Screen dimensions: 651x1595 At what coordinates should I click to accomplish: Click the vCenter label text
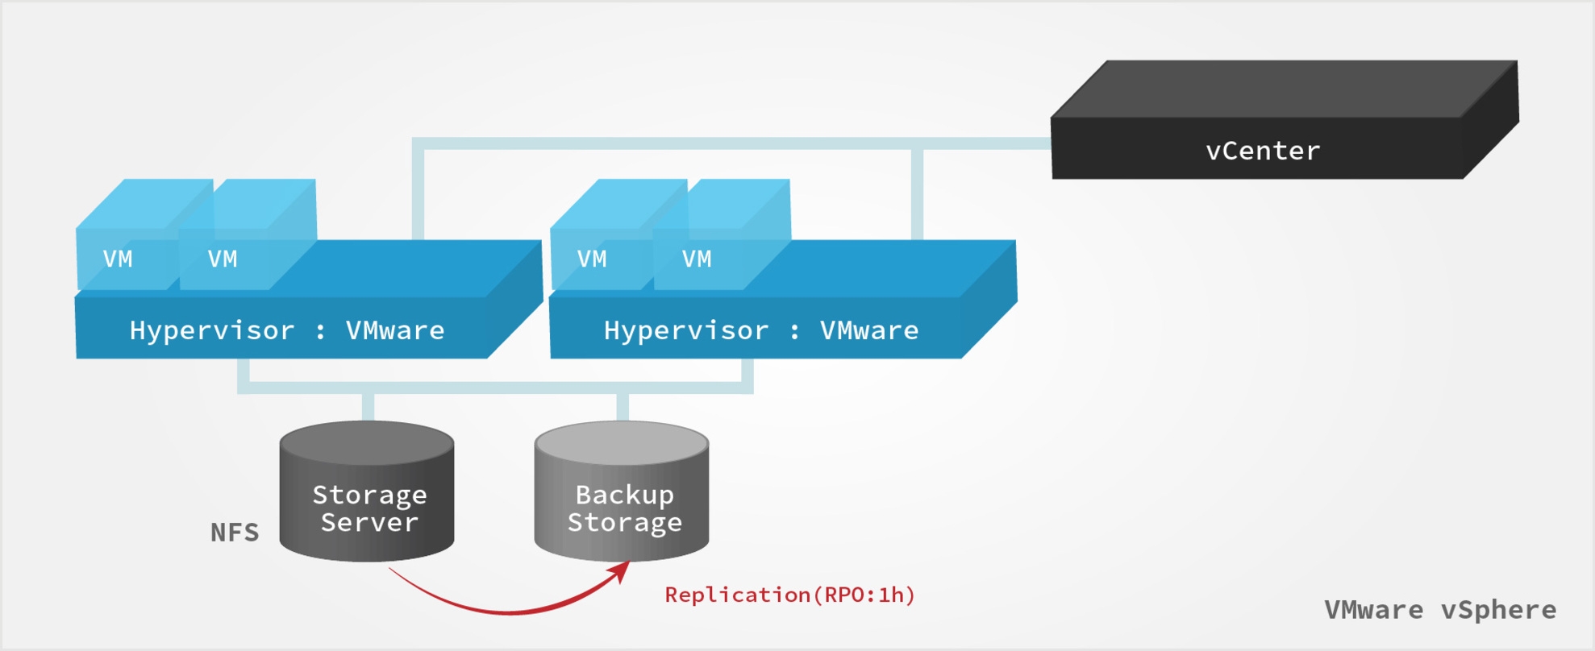pos(1263,151)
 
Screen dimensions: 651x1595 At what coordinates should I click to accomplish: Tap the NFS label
pos(235,533)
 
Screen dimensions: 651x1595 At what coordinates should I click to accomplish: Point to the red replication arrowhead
pos(621,570)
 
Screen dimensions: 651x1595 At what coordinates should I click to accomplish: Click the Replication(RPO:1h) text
pos(789,595)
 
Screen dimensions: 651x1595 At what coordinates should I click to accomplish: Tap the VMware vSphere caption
pos(1440,610)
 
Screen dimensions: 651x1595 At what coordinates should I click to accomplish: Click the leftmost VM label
pos(118,259)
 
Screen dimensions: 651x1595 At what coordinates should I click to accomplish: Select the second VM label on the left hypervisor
pos(223,259)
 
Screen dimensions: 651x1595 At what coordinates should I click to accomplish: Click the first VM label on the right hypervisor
pos(592,259)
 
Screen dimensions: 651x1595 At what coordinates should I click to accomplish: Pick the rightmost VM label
pos(697,259)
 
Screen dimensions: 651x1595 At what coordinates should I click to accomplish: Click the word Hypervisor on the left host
pos(212,330)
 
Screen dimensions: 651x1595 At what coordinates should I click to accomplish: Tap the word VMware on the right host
pos(869,330)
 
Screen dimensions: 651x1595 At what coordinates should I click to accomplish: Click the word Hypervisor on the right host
pos(686,330)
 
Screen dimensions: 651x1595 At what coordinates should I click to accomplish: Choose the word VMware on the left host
pos(395,330)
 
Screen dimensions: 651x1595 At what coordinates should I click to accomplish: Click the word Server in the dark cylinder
pos(369,523)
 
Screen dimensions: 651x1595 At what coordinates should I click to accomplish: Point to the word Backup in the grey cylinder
pos(624,495)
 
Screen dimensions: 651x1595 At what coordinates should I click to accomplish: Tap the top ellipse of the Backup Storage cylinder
pos(622,442)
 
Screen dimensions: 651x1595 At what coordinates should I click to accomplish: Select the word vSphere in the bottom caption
pos(1498,610)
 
